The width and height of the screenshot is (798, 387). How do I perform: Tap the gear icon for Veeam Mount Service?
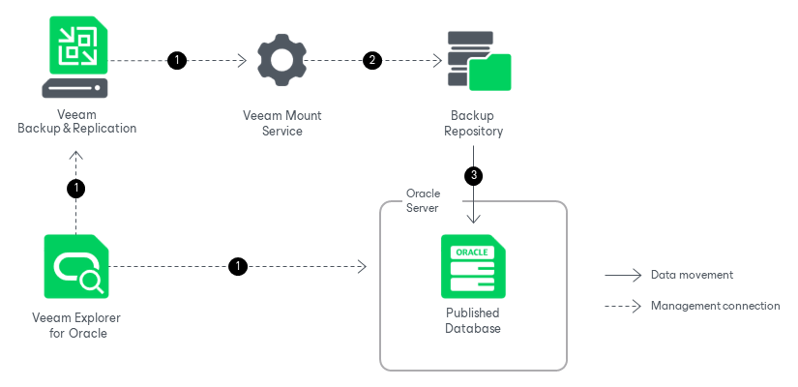click(281, 60)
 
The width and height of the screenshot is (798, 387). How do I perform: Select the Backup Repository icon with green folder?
click(480, 61)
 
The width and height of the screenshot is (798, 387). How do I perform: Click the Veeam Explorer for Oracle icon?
click(75, 266)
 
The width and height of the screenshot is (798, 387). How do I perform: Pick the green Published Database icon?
click(473, 266)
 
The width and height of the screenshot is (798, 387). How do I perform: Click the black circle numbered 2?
click(372, 60)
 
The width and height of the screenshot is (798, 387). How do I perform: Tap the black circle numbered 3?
click(473, 176)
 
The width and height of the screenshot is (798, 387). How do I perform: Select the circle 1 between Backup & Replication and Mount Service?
click(176, 60)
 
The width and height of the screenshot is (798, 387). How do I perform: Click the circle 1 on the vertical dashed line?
click(76, 188)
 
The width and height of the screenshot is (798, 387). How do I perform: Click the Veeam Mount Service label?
click(281, 123)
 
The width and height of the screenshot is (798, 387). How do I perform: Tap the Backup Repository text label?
click(473, 123)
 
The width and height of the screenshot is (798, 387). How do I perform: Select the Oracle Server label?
click(423, 200)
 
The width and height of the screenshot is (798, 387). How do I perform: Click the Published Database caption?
click(473, 321)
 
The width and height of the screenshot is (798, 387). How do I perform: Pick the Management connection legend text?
click(715, 306)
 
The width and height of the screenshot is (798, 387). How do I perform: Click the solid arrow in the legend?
click(623, 276)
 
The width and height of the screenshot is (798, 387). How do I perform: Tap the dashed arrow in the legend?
click(623, 307)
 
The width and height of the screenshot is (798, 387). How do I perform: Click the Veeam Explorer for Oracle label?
click(76, 326)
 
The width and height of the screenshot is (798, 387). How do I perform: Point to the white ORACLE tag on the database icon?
click(472, 252)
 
